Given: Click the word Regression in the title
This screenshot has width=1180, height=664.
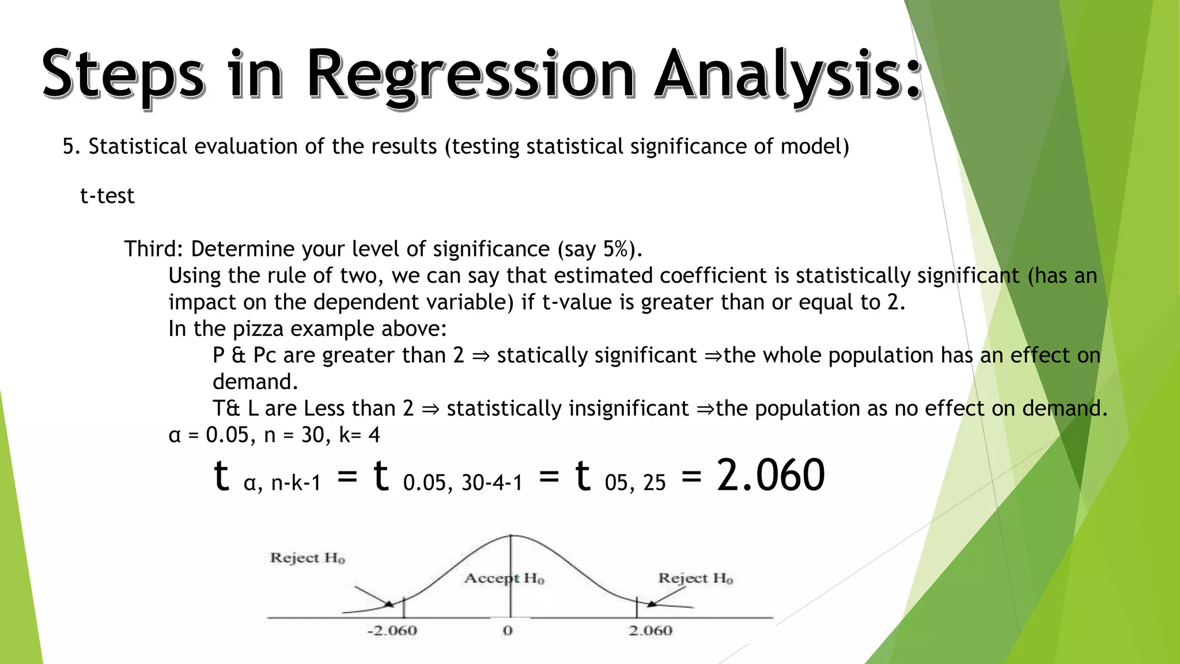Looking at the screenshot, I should point(470,75).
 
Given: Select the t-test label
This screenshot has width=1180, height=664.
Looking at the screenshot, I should point(107,196).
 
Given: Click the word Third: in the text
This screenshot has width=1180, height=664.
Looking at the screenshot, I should point(154,249).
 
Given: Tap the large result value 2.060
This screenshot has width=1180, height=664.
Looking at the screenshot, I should point(770,476).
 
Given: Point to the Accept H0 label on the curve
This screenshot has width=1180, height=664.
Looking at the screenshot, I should point(504,578).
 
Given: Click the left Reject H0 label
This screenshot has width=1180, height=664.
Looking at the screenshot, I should point(308,558).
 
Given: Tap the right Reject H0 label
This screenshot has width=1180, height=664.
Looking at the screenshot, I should point(695,578).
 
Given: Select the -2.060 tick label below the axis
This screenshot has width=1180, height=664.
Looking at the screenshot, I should point(392,631).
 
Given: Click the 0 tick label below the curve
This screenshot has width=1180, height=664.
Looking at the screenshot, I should point(508,631).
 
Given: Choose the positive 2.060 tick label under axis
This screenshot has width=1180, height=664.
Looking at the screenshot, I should point(650,631).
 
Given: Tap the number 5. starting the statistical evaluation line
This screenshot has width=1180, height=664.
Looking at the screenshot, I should point(71,146).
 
